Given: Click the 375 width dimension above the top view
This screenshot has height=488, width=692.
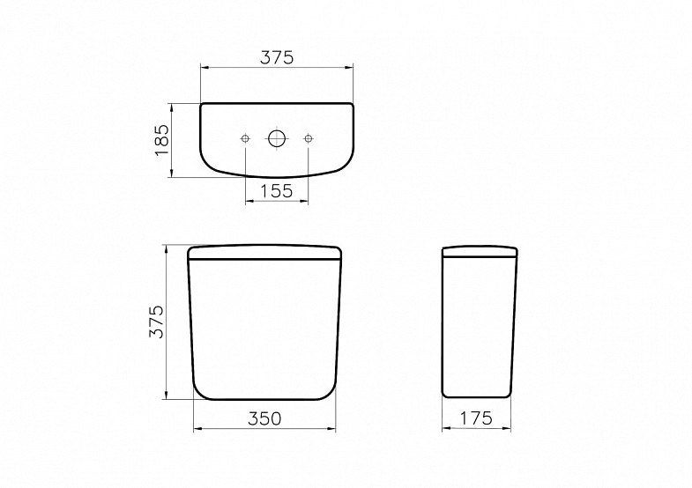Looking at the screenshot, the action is tap(277, 57).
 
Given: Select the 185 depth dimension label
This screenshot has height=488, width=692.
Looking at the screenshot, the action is tap(162, 139).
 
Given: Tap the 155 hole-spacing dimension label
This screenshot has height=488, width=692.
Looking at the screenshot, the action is tap(277, 191).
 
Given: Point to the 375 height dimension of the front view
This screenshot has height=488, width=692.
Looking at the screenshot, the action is tap(156, 322).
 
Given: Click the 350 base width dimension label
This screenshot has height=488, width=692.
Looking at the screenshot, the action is tap(264, 418).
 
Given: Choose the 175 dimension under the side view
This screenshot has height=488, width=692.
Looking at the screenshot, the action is tap(476, 418).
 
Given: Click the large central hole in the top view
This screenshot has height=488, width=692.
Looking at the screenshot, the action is tap(277, 138).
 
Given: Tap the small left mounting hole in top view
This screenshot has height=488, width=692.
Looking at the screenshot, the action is tap(245, 138).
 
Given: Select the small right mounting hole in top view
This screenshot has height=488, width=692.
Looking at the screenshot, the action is tap(308, 138).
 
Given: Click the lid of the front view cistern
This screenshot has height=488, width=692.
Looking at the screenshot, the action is tap(264, 252).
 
